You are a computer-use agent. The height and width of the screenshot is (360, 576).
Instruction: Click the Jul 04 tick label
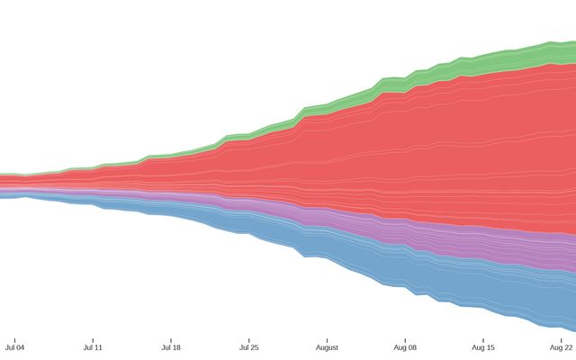(14, 346)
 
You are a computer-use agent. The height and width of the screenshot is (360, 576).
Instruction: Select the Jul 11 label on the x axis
(93, 346)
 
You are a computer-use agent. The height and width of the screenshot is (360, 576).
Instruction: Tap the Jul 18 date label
(171, 346)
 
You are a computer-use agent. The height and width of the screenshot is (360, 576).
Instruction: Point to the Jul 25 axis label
(249, 346)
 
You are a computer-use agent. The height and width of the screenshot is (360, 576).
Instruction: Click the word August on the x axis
(327, 346)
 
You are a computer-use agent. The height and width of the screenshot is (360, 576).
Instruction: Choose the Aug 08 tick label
(405, 346)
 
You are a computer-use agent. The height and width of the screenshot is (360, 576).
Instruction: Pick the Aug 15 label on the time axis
(483, 346)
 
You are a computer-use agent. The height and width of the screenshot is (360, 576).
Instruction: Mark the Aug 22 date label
(562, 346)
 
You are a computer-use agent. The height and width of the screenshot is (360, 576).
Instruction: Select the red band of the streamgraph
(405, 153)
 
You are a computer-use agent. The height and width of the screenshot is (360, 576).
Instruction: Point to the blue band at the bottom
(450, 279)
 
